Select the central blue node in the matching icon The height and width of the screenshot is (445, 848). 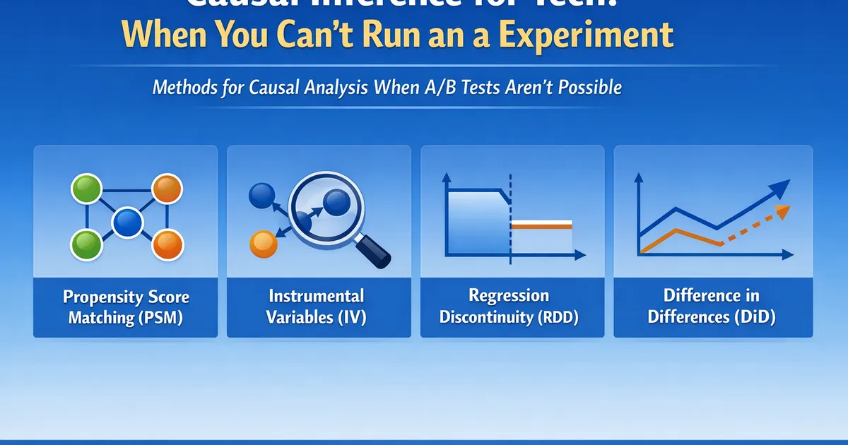pos(127,222)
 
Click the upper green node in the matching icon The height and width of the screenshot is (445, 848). pos(86,189)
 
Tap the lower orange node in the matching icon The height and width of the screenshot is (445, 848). pos(168,244)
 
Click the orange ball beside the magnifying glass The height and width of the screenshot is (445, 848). pos(263,244)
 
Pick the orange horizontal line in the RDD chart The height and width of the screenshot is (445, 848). pos(541,225)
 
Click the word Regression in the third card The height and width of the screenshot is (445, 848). pos(509,295)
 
